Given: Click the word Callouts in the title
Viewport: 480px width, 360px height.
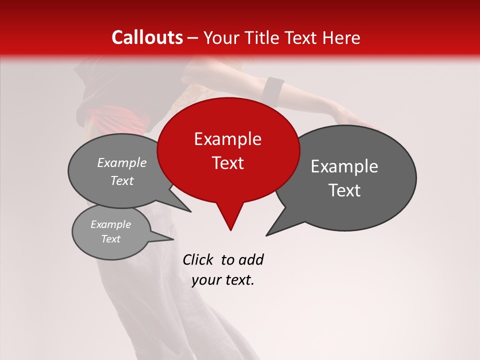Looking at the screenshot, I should (x=147, y=37).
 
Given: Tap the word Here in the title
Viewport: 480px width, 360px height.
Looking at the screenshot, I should (x=342, y=38).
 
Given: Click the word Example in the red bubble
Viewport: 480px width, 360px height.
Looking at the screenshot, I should (x=228, y=139).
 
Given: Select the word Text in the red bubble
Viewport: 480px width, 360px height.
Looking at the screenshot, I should (x=228, y=163).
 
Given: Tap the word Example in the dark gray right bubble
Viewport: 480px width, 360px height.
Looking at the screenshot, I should (x=344, y=166).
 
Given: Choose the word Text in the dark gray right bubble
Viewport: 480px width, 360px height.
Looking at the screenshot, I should (x=344, y=190).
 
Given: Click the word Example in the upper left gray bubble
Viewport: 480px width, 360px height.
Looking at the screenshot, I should (x=122, y=163).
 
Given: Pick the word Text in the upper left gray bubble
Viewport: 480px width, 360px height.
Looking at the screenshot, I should (x=122, y=181).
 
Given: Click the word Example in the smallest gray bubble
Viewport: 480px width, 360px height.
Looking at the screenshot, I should (x=111, y=224).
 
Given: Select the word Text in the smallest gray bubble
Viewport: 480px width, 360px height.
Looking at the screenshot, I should (x=111, y=239).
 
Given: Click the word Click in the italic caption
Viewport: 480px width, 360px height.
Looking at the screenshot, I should (x=198, y=260).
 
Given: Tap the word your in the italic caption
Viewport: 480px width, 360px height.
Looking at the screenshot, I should (x=205, y=280).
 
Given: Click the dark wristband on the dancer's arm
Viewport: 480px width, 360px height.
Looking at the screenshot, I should (x=274, y=88).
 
